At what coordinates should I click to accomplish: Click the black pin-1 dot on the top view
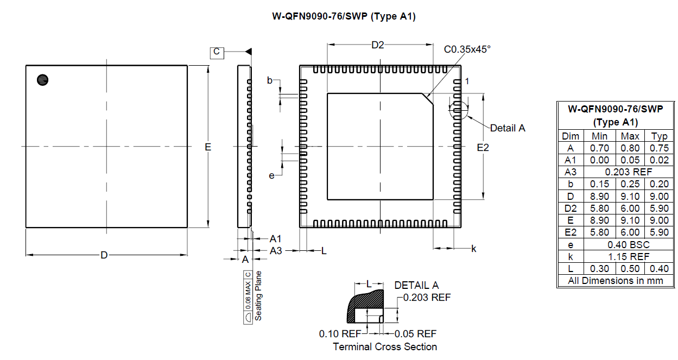pos(42,80)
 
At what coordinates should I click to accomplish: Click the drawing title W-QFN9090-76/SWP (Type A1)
pos(344,17)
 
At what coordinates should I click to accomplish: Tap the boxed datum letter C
pos(217,52)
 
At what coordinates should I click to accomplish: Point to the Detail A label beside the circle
pos(508,128)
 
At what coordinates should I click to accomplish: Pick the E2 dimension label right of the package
pos(483,148)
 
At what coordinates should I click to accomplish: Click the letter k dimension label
pos(473,249)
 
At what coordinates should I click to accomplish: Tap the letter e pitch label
pos(271,175)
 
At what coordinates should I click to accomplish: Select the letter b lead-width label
pos(270,80)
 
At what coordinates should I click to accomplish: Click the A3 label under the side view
pos(276,250)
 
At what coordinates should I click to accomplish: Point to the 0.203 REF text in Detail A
pos(427,298)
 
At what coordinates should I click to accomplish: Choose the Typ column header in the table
pos(659,136)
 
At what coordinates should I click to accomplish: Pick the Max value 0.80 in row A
pos(630,148)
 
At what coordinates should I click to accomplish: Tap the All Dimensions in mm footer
pos(616,281)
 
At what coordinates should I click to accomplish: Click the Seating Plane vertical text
pos(259,295)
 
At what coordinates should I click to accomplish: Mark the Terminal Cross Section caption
pos(384,346)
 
